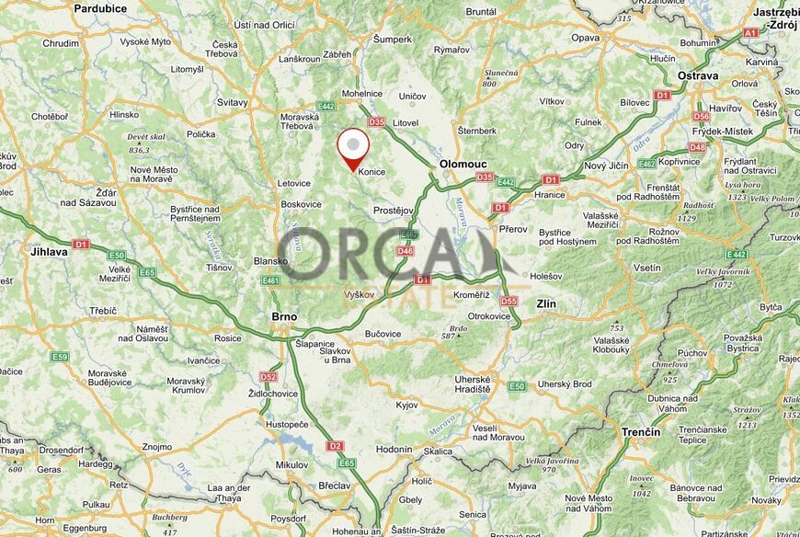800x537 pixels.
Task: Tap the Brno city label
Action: (284, 316)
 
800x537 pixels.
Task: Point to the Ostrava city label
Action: (697, 75)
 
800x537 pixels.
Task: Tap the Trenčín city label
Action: (641, 431)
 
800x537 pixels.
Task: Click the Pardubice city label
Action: (100, 8)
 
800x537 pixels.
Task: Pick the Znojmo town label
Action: (157, 447)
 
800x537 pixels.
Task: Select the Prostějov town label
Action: (394, 211)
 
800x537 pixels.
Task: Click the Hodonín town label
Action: (394, 450)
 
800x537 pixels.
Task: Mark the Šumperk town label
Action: (393, 39)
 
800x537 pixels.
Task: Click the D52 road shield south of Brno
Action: (269, 376)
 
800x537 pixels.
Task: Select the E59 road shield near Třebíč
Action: (61, 357)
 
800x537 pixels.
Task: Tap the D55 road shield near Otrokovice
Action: (509, 301)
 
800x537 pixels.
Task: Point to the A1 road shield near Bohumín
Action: (750, 32)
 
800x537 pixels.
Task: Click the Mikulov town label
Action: (291, 465)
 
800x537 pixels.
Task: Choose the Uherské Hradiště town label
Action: (473, 383)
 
